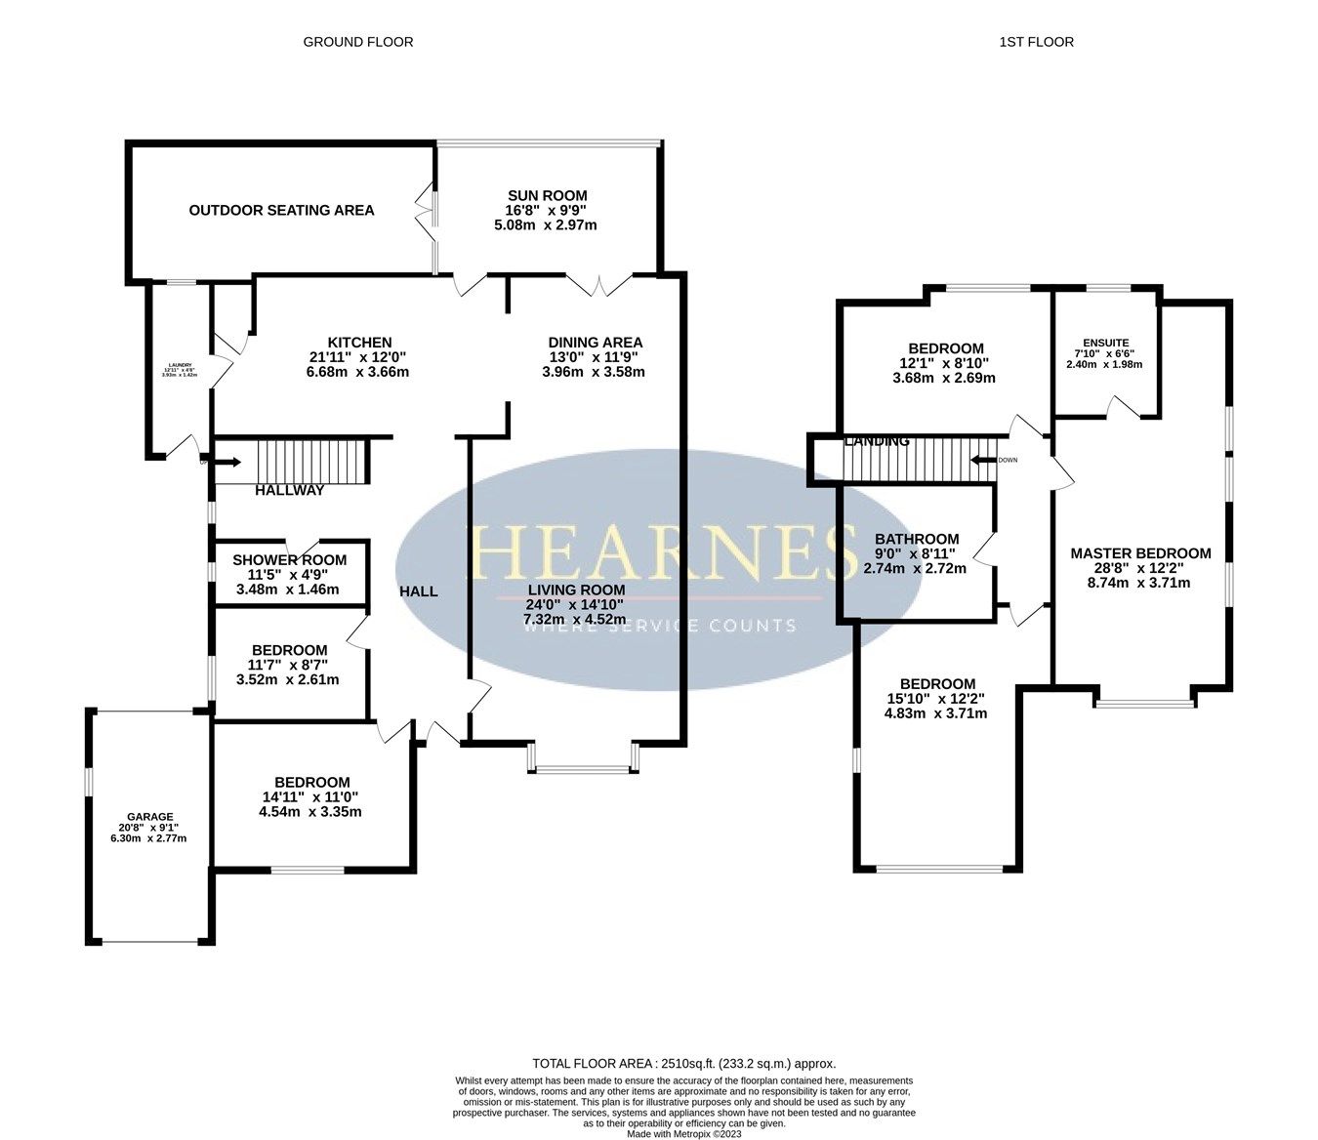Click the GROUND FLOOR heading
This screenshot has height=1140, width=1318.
[x=357, y=42]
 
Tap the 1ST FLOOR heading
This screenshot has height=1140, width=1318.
[x=1036, y=42]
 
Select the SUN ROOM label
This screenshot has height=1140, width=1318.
[x=547, y=195]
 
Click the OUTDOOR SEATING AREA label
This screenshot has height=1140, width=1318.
[x=281, y=210]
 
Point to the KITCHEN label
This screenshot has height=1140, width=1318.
[x=358, y=342]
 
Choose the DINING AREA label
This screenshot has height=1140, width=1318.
[x=595, y=342]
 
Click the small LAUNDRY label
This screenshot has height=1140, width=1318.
[x=178, y=365]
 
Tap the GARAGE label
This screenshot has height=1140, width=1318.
[x=149, y=817]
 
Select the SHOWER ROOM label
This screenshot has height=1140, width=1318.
[x=289, y=559]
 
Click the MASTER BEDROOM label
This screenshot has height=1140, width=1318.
[x=1140, y=553]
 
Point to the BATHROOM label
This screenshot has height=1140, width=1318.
[x=916, y=539]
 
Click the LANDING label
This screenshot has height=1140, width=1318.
[x=877, y=441]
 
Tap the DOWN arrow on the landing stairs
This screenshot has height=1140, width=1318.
[x=984, y=460]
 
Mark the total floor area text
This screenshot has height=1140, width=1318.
[x=683, y=1064]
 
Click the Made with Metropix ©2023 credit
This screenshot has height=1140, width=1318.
[x=683, y=1134]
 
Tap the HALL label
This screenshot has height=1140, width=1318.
[x=418, y=591]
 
